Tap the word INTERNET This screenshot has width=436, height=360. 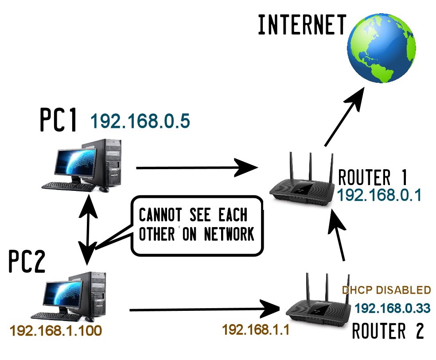point(302,25)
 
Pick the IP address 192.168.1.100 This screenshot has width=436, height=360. point(56,331)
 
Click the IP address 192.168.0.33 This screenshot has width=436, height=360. point(393,309)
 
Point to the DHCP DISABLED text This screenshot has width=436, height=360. point(386,290)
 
